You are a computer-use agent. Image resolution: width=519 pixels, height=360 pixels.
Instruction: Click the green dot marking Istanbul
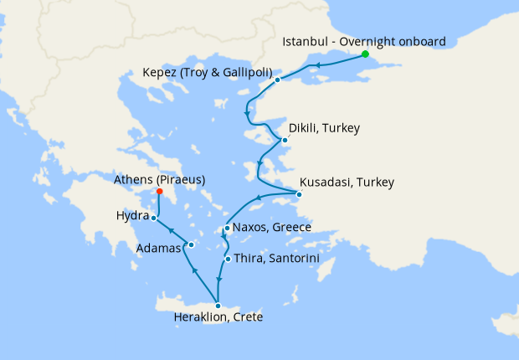click(365, 54)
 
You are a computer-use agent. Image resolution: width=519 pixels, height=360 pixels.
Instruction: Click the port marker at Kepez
click(277, 80)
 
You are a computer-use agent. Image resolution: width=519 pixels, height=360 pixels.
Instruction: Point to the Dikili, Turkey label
click(324, 129)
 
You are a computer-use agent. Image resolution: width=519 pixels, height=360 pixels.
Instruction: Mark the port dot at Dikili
click(285, 140)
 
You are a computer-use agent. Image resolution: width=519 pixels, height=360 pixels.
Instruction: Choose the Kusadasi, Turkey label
click(347, 182)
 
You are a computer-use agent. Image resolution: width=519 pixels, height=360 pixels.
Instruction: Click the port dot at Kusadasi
click(300, 196)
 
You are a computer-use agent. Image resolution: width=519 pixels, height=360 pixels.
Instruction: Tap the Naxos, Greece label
click(273, 227)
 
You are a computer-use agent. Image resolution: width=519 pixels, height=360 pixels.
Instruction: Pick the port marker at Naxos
click(227, 228)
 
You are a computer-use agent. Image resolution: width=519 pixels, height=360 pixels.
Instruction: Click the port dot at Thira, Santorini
click(228, 259)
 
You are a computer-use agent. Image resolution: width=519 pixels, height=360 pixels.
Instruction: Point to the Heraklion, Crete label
click(218, 317)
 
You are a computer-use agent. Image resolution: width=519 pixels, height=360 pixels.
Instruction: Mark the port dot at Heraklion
click(218, 306)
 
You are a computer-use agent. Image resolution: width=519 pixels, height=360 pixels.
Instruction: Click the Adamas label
click(158, 249)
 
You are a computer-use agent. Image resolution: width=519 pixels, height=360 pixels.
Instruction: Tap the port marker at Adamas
click(191, 245)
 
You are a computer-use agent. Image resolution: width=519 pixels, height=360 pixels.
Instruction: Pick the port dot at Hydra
click(153, 218)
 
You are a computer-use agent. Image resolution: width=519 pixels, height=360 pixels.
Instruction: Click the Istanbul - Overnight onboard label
click(364, 41)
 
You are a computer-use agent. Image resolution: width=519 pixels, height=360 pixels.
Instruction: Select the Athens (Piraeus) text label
click(159, 179)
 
